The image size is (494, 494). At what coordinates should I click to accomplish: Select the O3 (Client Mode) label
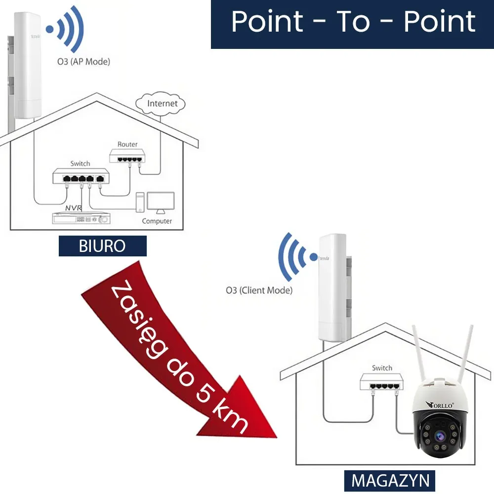coord(259,290)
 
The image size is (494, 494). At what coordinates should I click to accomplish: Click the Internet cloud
coord(162,103)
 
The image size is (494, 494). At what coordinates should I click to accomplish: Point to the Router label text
coord(127,144)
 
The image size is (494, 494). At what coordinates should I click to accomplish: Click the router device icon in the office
coord(128,158)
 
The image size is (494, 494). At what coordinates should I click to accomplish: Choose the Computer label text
coord(157,221)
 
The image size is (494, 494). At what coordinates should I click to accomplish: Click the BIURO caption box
coord(102,246)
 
